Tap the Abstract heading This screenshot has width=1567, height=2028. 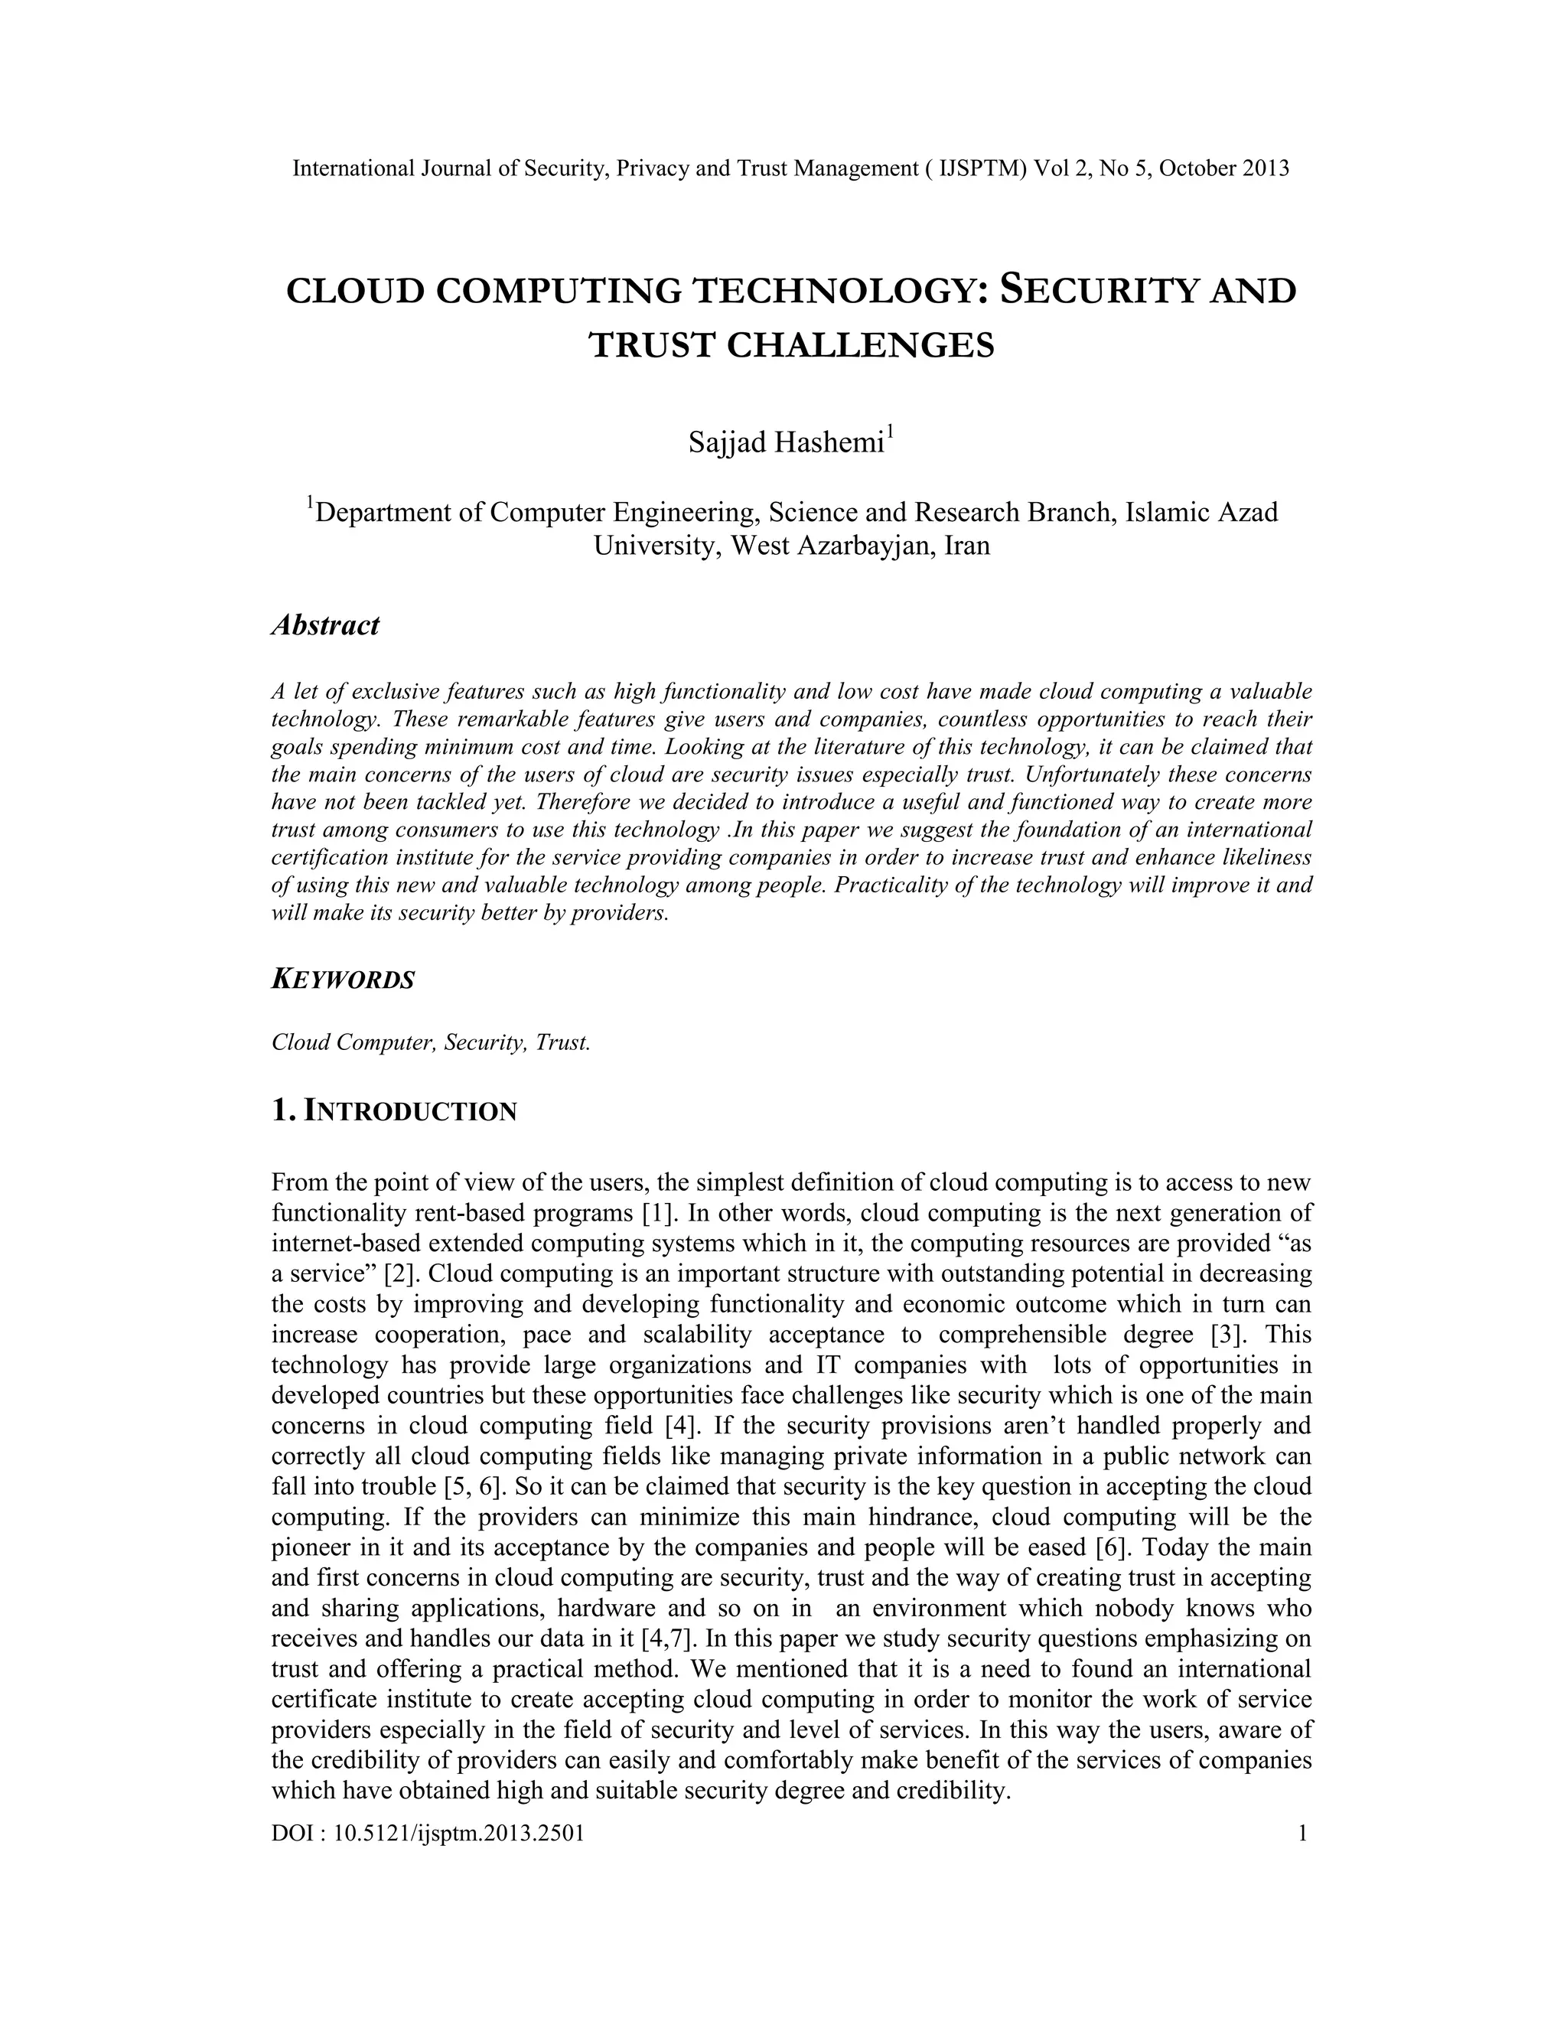[x=325, y=625]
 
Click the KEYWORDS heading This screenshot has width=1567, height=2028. [x=343, y=980]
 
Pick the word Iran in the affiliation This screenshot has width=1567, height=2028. [x=966, y=545]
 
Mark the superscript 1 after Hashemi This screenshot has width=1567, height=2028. [x=891, y=432]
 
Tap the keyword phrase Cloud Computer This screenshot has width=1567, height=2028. [x=353, y=1042]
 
